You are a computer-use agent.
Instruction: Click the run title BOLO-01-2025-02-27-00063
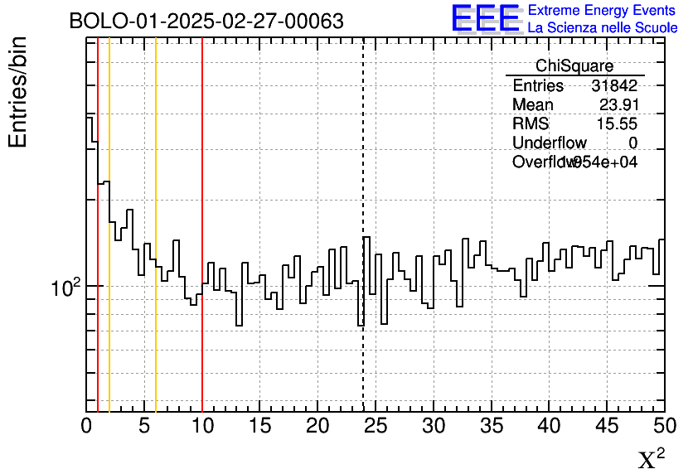click(206, 22)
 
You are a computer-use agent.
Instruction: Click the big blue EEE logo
click(486, 18)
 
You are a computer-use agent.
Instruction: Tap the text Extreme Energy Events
click(602, 11)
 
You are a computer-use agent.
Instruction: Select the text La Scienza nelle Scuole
click(602, 27)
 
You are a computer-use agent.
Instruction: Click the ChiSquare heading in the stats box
click(574, 66)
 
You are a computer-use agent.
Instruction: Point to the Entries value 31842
click(614, 86)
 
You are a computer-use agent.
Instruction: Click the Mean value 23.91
click(618, 105)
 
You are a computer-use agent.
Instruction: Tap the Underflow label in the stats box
click(549, 143)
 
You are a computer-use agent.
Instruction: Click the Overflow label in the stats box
click(543, 162)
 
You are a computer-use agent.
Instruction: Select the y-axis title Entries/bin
click(18, 92)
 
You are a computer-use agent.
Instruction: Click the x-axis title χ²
click(652, 459)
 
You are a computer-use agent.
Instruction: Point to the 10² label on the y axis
click(63, 288)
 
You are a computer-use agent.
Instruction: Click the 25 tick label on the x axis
click(376, 427)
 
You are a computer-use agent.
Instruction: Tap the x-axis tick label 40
click(550, 427)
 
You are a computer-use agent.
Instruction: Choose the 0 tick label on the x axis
click(86, 427)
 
